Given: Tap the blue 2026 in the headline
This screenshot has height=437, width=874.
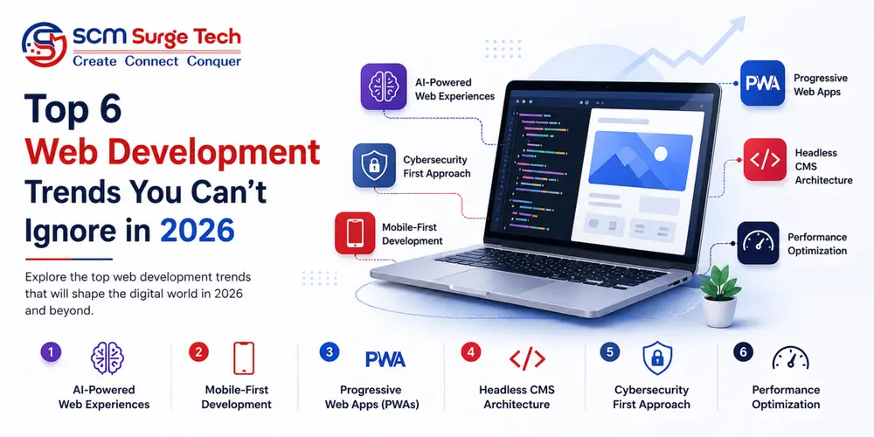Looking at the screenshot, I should pos(198,230).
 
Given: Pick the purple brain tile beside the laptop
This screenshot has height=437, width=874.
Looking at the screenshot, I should pos(383,86).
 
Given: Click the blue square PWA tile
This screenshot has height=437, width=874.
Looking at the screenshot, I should pos(762,84).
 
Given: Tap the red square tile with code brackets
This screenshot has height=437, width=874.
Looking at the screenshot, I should pos(766,160).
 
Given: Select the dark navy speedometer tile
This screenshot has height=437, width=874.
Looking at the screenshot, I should pos(759,243).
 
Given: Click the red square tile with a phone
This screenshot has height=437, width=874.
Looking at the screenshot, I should pos(355,232).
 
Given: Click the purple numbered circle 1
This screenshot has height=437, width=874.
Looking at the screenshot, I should pos(52,352).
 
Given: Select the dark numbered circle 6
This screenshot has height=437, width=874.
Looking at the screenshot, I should pos(744,352).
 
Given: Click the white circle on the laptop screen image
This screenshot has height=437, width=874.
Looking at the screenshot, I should pos(662,154).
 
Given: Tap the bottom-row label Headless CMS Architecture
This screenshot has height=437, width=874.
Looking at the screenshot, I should pos(516,397).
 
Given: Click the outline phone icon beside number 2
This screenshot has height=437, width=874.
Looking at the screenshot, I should pos(244,357).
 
